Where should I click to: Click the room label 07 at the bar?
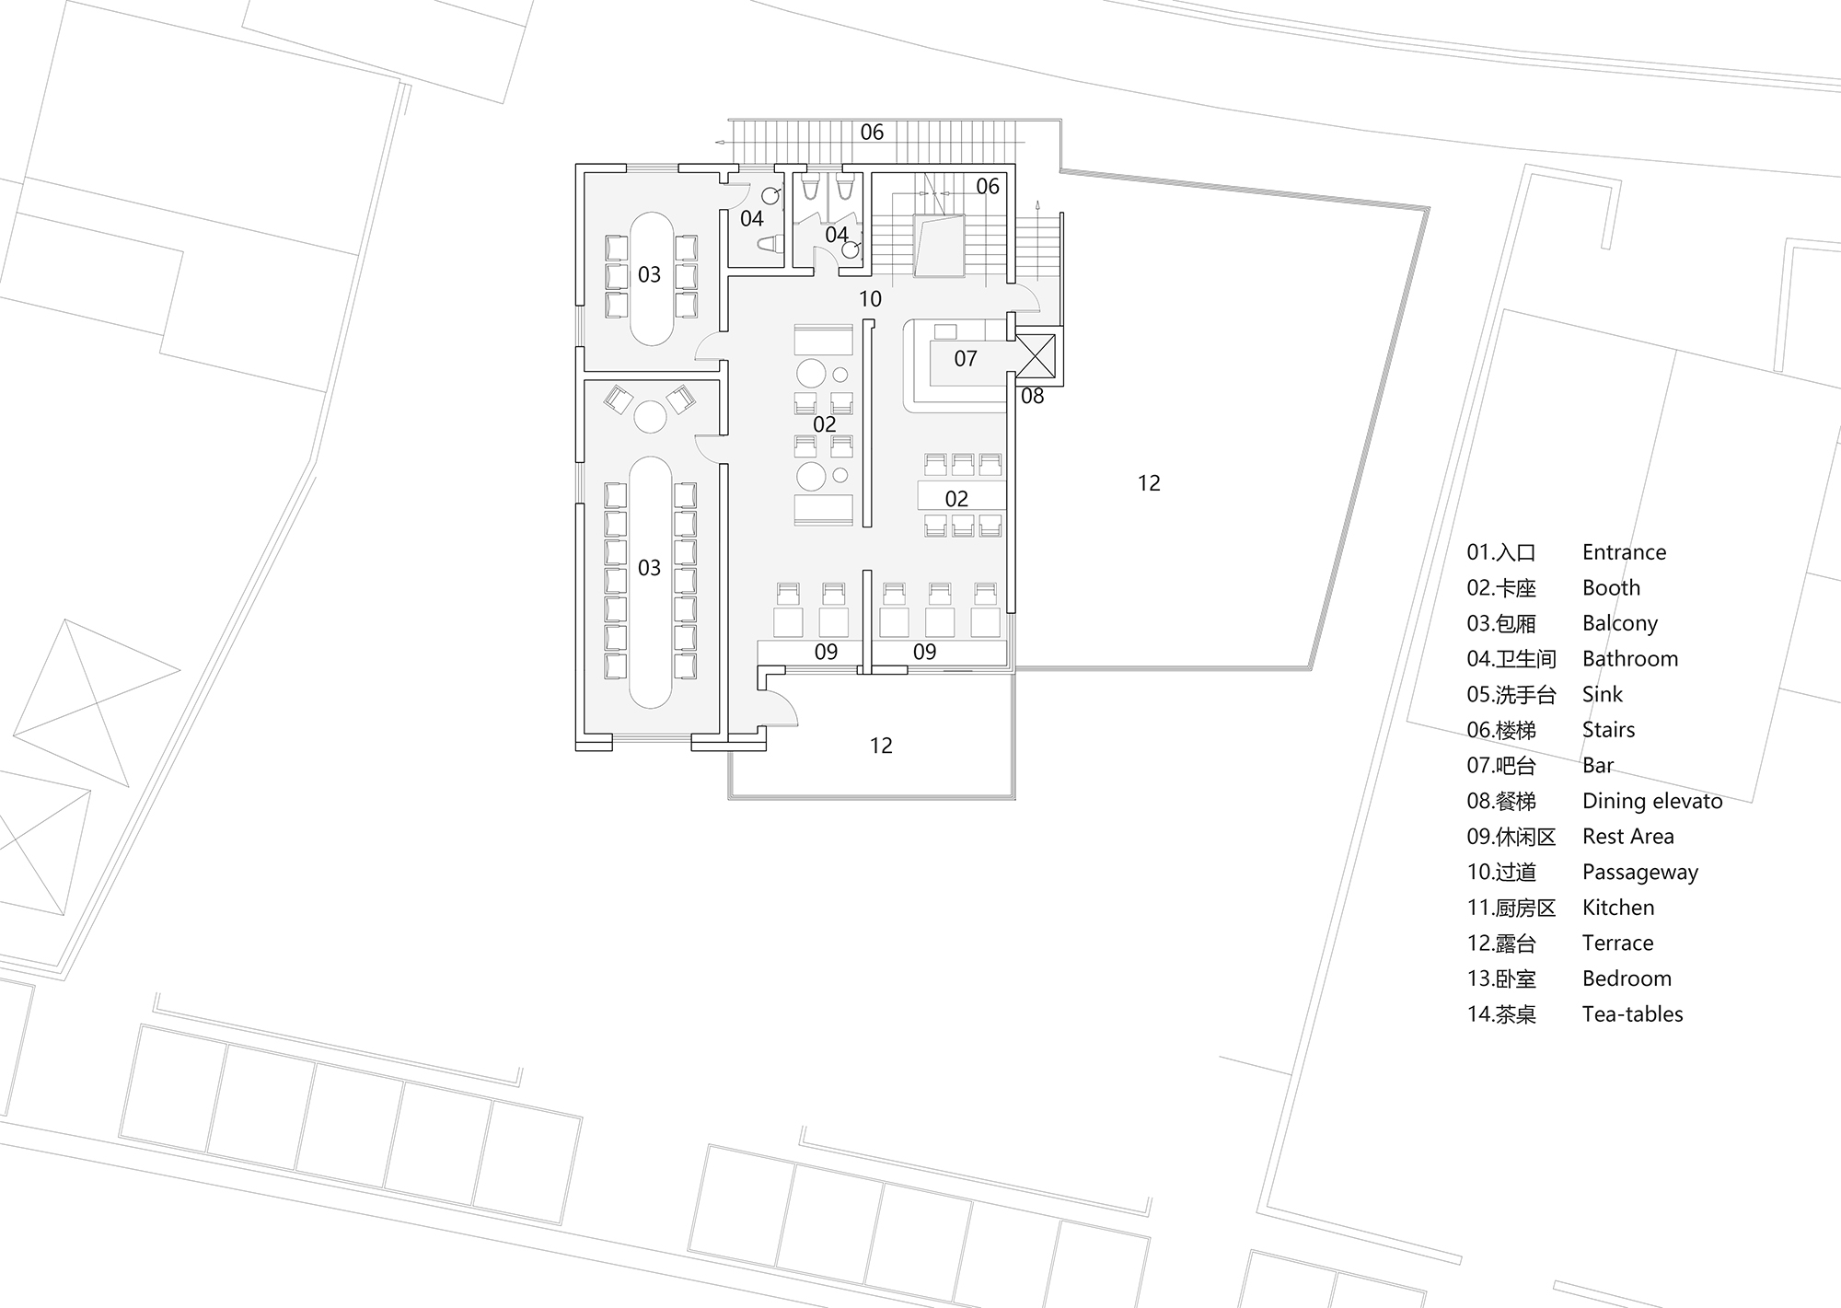coord(965,359)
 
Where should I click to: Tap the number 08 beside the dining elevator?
coord(1032,397)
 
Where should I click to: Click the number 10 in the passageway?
coord(870,299)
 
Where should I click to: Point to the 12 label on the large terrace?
coord(1149,483)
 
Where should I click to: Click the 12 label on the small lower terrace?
coord(881,746)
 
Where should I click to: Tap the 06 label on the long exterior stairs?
coord(872,133)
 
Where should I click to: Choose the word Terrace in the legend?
coord(1617,943)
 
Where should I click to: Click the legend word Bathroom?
coord(1629,659)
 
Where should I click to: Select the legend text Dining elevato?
coord(1651,801)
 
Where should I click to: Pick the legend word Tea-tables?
coord(1632,1014)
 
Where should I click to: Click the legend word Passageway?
coord(1639,872)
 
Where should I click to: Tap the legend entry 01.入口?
coord(1501,552)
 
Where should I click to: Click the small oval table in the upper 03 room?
coord(651,304)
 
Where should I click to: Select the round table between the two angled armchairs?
coord(650,417)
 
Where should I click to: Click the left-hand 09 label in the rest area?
coord(826,653)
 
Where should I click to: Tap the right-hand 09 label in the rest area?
coord(924,653)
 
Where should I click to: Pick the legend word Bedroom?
coord(1626,978)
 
